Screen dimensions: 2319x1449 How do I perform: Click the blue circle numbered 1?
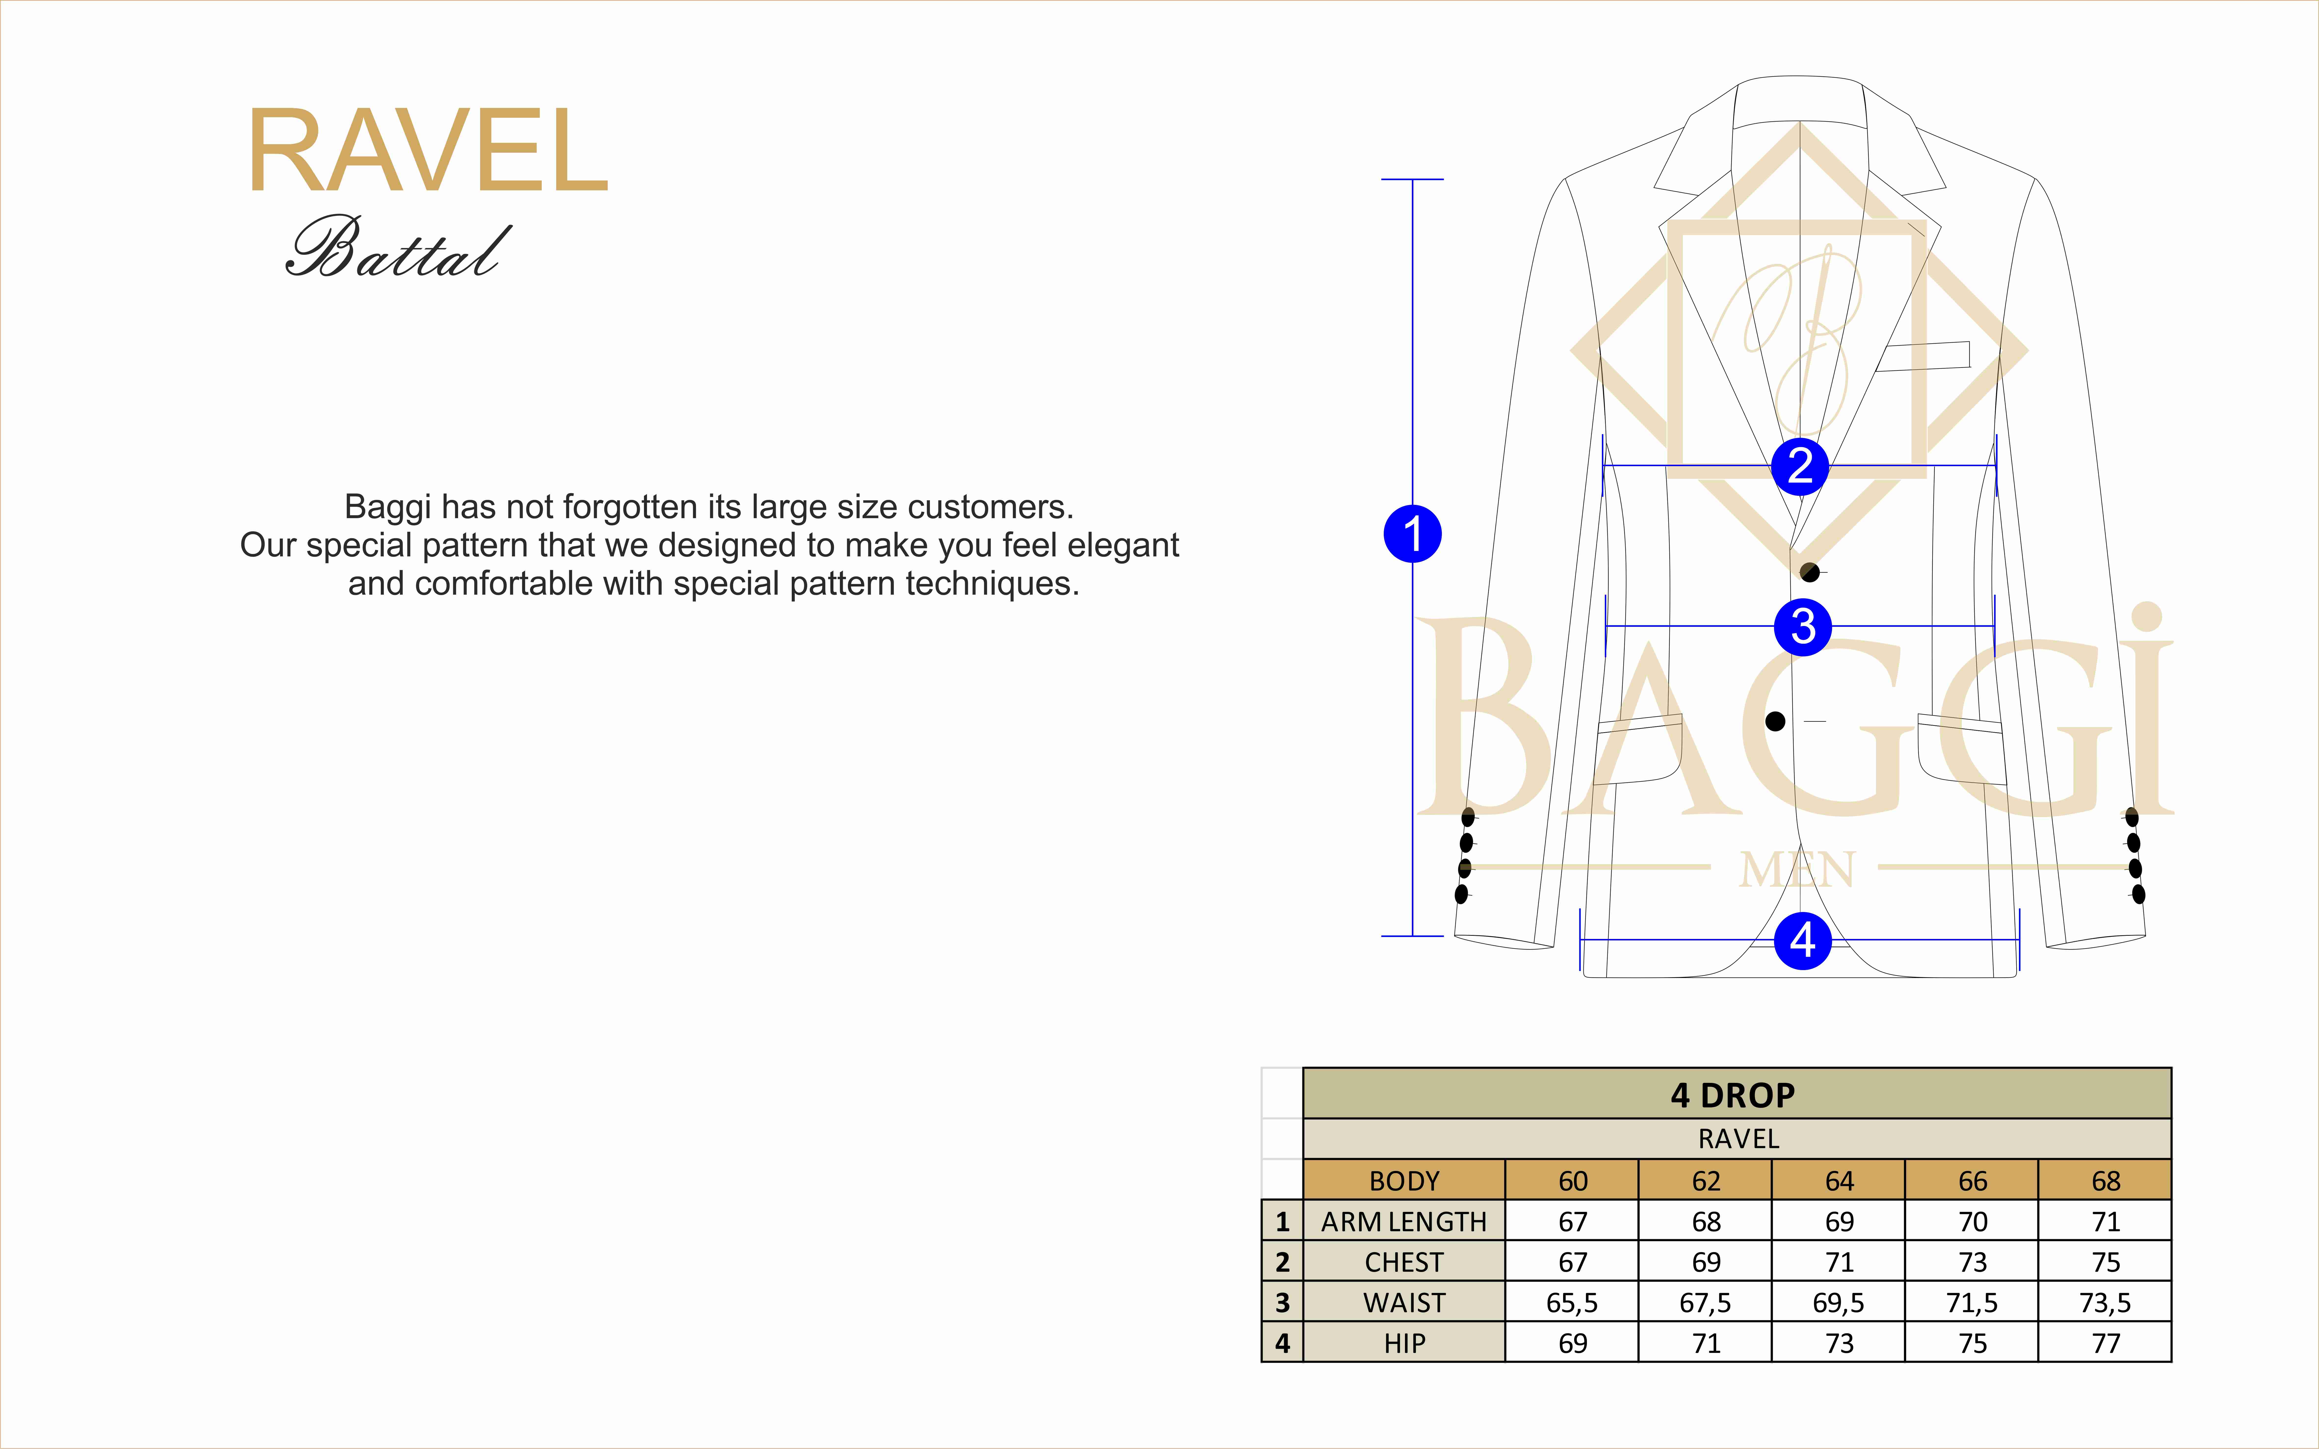(1412, 534)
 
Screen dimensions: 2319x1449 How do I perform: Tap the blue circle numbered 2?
(1800, 466)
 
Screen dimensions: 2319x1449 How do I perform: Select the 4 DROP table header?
(1733, 1094)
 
